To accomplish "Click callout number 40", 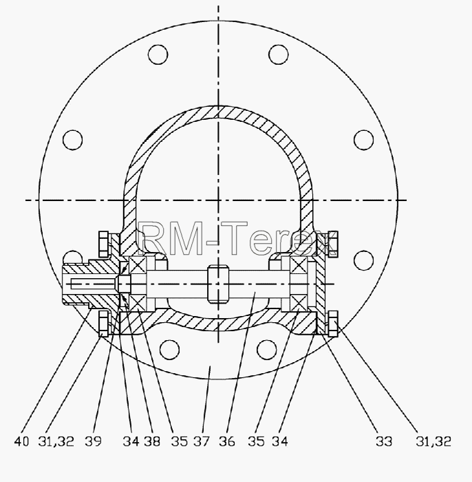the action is [x=21, y=442].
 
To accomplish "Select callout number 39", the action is [x=93, y=442].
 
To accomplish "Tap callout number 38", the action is [x=152, y=442].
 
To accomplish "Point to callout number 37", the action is [x=202, y=442].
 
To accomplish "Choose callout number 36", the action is [x=227, y=442].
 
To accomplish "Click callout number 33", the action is [x=384, y=442].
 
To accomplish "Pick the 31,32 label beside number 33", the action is [x=433, y=442].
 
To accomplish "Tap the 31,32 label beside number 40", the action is [x=56, y=442].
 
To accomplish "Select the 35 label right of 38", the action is [x=179, y=442].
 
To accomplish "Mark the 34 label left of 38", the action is [x=131, y=442].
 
